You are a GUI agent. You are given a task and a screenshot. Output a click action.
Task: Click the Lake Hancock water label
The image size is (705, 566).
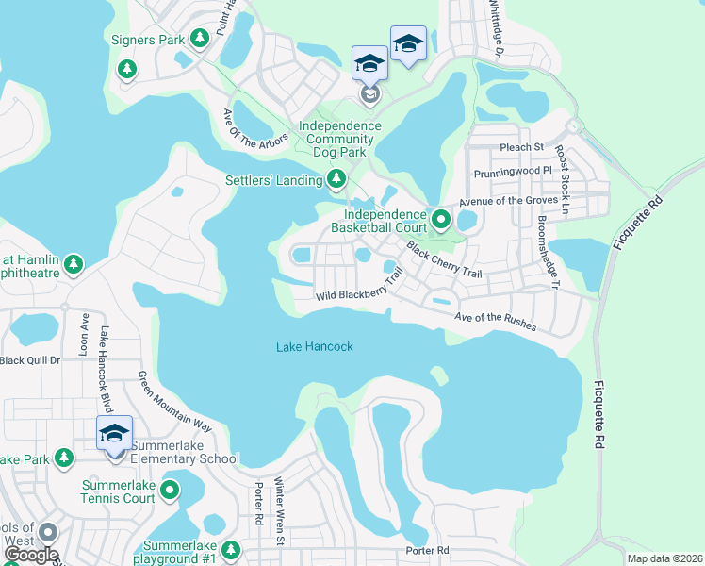[x=315, y=346]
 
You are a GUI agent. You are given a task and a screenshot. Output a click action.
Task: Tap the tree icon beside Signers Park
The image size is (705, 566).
[x=199, y=38]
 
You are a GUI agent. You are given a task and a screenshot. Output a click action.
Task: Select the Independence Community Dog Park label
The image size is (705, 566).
[x=340, y=133]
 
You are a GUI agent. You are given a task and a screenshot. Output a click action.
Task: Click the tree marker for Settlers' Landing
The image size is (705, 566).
[x=336, y=178]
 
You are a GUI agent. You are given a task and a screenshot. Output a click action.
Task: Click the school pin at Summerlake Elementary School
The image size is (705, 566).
[x=114, y=436]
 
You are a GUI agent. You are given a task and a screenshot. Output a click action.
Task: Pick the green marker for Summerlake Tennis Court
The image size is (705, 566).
[x=170, y=490]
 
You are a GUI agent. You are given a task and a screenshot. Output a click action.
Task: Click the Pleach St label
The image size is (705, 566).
[x=522, y=147]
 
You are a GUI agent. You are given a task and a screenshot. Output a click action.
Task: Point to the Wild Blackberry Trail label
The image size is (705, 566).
[x=360, y=286]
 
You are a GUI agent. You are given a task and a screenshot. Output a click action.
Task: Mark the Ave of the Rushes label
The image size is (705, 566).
[x=496, y=322]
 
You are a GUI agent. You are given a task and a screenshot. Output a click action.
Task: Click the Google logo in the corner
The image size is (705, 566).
[x=30, y=554]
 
